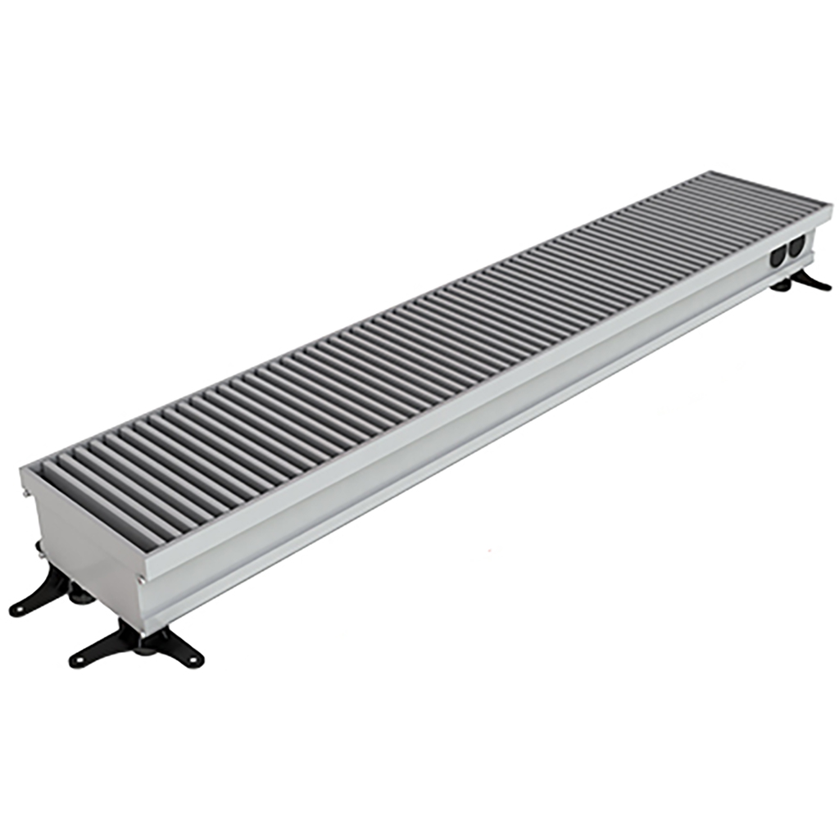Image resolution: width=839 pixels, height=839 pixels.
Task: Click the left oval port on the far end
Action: pos(777,257)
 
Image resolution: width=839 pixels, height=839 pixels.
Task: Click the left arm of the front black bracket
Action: pos(98,652)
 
